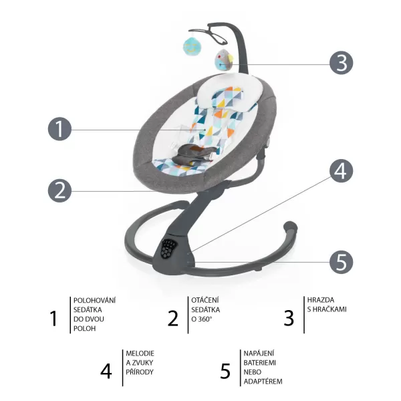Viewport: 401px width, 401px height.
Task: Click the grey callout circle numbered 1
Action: coord(59,129)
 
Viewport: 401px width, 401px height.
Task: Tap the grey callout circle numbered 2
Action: coord(59,190)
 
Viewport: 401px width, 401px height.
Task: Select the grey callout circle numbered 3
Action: coord(341,63)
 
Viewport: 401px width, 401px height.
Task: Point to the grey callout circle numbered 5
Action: coord(341,262)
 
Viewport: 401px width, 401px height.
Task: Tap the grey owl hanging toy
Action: coord(223,61)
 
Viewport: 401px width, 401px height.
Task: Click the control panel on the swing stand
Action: coord(170,250)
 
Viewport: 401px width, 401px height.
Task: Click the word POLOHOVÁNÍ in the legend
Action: coord(95,300)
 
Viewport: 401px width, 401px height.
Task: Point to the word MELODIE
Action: coord(140,352)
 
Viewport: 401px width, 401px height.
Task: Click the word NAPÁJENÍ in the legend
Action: coord(260,352)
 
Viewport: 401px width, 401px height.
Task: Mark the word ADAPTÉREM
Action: coord(263,381)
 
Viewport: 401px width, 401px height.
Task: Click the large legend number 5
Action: coord(225,370)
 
